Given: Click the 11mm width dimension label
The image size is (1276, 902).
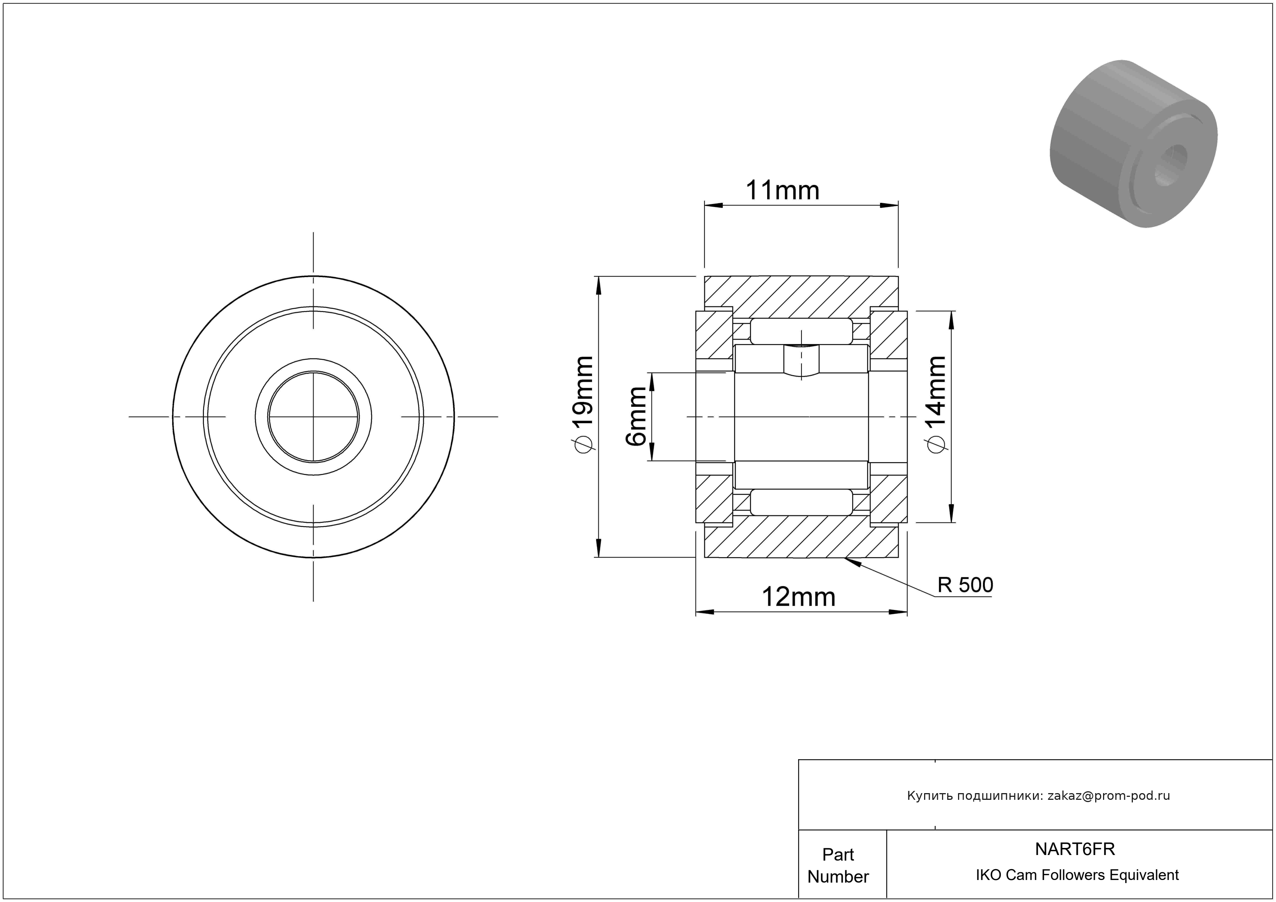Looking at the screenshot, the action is click(782, 191).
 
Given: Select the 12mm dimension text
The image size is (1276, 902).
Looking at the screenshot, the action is click(798, 597).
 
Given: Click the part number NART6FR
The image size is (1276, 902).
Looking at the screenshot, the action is click(1075, 849).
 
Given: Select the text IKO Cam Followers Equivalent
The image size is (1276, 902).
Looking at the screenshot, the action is click(1077, 875).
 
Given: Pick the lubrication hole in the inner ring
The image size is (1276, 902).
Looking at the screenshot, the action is click(801, 360).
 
